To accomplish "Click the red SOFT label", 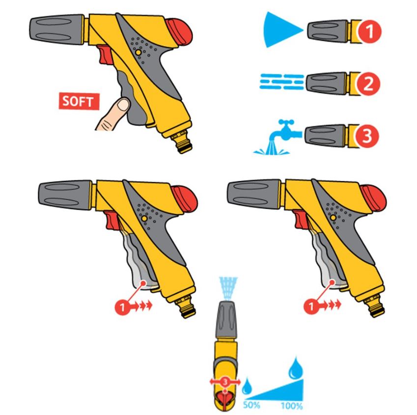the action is (79, 101).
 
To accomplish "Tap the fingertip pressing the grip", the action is (123, 105).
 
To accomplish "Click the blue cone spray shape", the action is (282, 30).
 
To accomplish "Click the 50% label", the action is (251, 405).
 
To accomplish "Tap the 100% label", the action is (292, 406).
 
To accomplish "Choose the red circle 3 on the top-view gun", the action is (225, 382).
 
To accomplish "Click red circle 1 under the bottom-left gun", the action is (122, 307).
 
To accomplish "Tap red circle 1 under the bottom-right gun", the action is (311, 307).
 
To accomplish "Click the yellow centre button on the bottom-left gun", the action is (144, 219).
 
